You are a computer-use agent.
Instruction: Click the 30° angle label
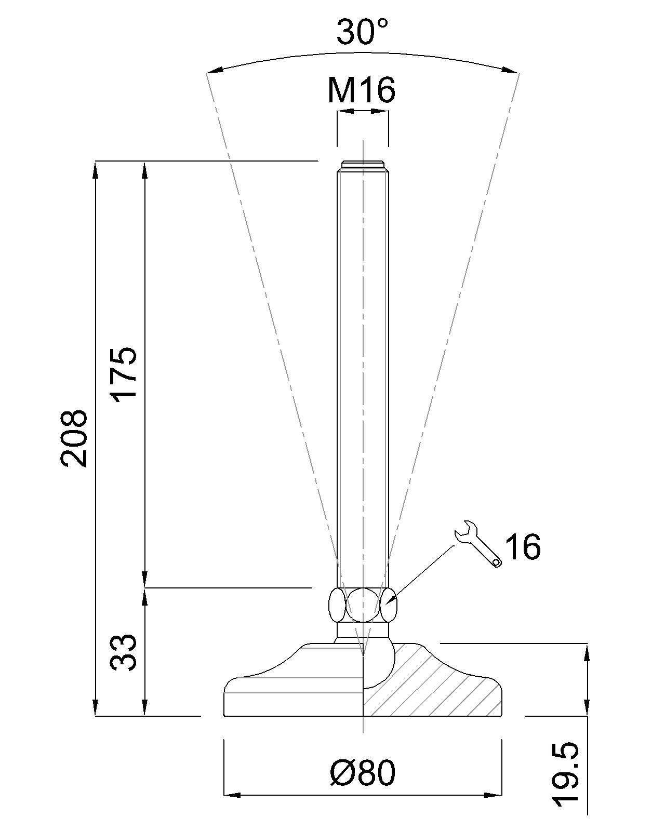coord(362,32)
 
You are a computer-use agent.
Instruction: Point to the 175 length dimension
coord(125,372)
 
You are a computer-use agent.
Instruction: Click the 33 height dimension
coord(125,652)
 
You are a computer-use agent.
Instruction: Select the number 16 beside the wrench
coord(523,546)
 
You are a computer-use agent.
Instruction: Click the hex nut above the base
coord(363,605)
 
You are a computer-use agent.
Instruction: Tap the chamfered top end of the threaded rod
coord(363,165)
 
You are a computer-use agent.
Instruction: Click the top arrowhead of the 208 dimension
coord(96,169)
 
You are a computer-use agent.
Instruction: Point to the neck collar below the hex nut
coord(363,630)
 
